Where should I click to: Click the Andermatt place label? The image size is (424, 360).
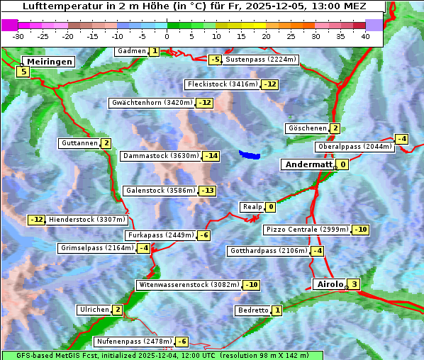pyautogui.click(x=308, y=164)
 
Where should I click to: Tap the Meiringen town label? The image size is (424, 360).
pyautogui.click(x=48, y=62)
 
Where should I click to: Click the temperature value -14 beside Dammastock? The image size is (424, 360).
pyautogui.click(x=211, y=156)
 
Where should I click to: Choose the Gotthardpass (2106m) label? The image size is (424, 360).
pyautogui.click(x=269, y=251)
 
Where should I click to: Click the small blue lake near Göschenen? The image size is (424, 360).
pyautogui.click(x=250, y=154)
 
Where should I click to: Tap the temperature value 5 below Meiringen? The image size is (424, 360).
pyautogui.click(x=23, y=72)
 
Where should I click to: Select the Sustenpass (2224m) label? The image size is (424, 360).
pyautogui.click(x=255, y=60)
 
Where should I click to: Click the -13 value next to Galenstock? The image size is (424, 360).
pyautogui.click(x=207, y=191)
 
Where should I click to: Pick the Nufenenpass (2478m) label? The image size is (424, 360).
pyautogui.click(x=134, y=342)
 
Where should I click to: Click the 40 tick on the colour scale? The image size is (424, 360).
pyautogui.click(x=365, y=36)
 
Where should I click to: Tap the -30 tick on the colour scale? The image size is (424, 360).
pyautogui.click(x=18, y=36)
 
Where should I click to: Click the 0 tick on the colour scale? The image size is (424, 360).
pyautogui.click(x=167, y=36)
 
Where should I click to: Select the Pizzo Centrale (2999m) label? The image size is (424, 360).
pyautogui.click(x=307, y=230)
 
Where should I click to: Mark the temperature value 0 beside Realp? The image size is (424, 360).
pyautogui.click(x=271, y=207)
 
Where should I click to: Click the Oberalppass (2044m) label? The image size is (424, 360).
pyautogui.click(x=355, y=147)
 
